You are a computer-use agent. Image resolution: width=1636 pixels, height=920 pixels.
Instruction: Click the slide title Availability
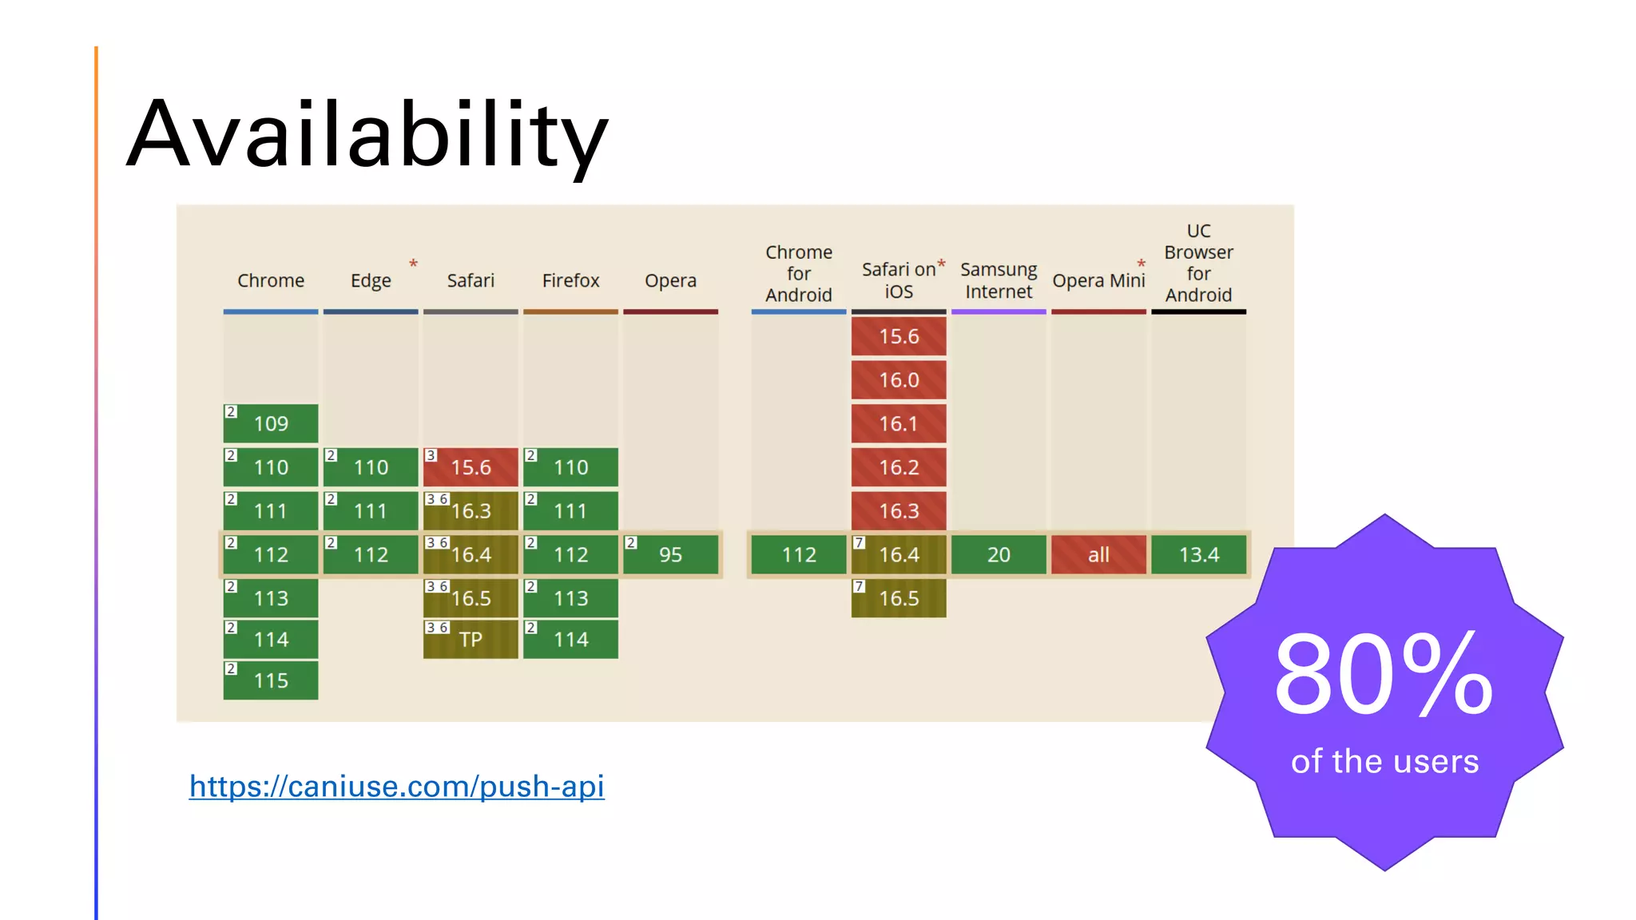[367, 134]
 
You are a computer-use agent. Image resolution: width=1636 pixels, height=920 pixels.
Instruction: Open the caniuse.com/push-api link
[396, 786]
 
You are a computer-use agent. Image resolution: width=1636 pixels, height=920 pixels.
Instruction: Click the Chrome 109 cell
[271, 423]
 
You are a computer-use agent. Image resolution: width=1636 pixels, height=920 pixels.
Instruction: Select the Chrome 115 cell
[271, 680]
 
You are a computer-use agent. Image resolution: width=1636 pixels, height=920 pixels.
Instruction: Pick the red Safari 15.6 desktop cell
[471, 467]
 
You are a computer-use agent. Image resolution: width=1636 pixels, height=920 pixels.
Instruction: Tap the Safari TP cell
[471, 640]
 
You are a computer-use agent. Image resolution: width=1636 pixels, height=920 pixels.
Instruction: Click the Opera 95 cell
[670, 554]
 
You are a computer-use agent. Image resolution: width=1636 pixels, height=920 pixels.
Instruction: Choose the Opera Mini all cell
[1098, 554]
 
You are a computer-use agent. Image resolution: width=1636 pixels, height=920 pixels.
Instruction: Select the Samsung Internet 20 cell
[999, 554]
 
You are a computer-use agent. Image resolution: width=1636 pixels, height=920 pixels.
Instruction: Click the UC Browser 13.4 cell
[1198, 554]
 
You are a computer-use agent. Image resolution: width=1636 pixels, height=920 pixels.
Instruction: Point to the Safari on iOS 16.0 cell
[899, 380]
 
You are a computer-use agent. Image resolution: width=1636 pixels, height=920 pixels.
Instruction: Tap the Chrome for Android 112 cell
[799, 554]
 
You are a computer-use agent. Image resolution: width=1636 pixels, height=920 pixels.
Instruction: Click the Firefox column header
[570, 280]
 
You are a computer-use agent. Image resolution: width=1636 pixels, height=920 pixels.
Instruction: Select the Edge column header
[371, 280]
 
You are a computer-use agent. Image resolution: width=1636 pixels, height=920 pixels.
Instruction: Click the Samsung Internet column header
[999, 280]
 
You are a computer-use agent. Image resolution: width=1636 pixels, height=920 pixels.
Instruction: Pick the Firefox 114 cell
[570, 640]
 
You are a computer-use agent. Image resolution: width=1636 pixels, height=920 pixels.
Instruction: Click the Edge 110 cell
[371, 467]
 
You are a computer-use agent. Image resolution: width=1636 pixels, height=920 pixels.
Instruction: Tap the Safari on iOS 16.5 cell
[899, 598]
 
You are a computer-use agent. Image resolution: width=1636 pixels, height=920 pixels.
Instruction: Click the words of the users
[1384, 761]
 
